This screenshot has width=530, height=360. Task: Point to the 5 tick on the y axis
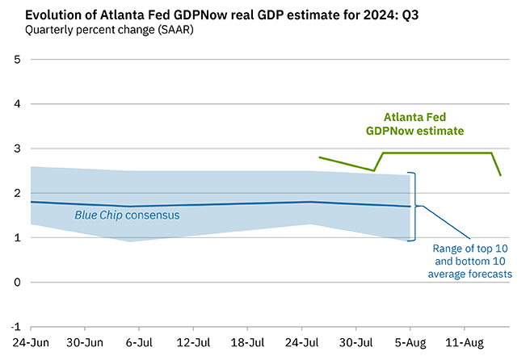tap(16, 60)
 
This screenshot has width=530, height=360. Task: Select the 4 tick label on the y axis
tap(16, 104)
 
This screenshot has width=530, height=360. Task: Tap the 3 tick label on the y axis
tap(16, 149)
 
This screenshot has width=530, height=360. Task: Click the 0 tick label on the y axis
tap(16, 283)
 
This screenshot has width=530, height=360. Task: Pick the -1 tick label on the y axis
tap(15, 327)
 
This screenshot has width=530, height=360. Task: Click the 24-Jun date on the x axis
tap(31, 342)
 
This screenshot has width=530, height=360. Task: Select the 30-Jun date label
tap(85, 342)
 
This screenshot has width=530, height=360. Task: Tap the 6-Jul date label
tap(140, 342)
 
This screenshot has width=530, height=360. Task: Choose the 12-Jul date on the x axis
tap(194, 342)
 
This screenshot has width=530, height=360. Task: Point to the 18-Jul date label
tap(249, 342)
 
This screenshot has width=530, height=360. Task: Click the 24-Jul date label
tap(302, 342)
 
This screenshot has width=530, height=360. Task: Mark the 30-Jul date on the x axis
tap(356, 342)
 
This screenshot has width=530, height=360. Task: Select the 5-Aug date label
tap(410, 342)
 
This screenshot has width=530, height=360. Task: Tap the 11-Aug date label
tap(466, 342)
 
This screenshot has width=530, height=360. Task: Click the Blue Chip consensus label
tap(127, 216)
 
